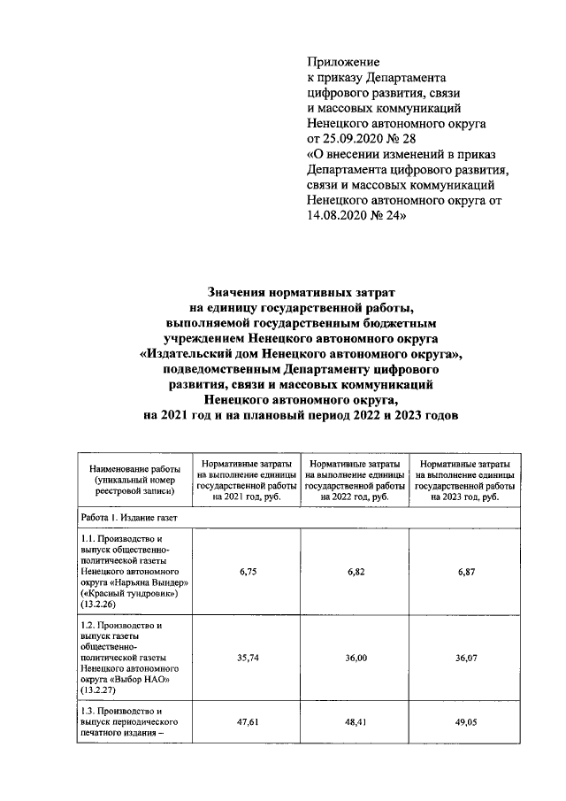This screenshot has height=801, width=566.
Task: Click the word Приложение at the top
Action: pos(343,62)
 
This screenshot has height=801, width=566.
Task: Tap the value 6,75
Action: pos(247,573)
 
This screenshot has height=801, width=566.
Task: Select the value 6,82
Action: pos(356,573)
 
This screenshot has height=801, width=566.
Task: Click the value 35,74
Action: pos(247,659)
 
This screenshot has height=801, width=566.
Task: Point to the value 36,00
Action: pos(356,659)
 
